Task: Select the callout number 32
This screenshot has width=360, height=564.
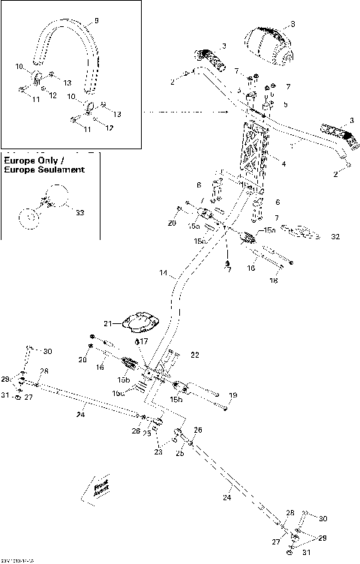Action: point(334,235)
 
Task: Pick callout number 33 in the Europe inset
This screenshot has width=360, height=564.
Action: point(79,212)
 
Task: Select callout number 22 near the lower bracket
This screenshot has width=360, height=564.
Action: point(194,353)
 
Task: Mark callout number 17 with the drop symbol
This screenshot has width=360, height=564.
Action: point(144,340)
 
